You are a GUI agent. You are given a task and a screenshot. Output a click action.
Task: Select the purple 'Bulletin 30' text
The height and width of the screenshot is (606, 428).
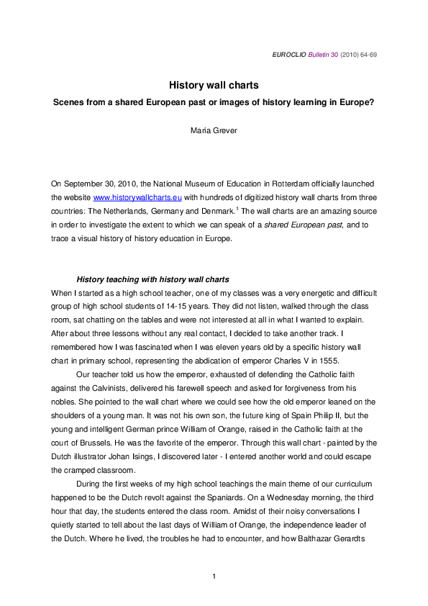pyautogui.click(x=323, y=54)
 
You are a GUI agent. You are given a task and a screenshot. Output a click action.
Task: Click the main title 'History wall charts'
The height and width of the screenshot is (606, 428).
pyautogui.click(x=214, y=86)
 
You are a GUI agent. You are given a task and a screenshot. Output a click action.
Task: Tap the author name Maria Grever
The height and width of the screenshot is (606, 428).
pyautogui.click(x=214, y=131)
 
